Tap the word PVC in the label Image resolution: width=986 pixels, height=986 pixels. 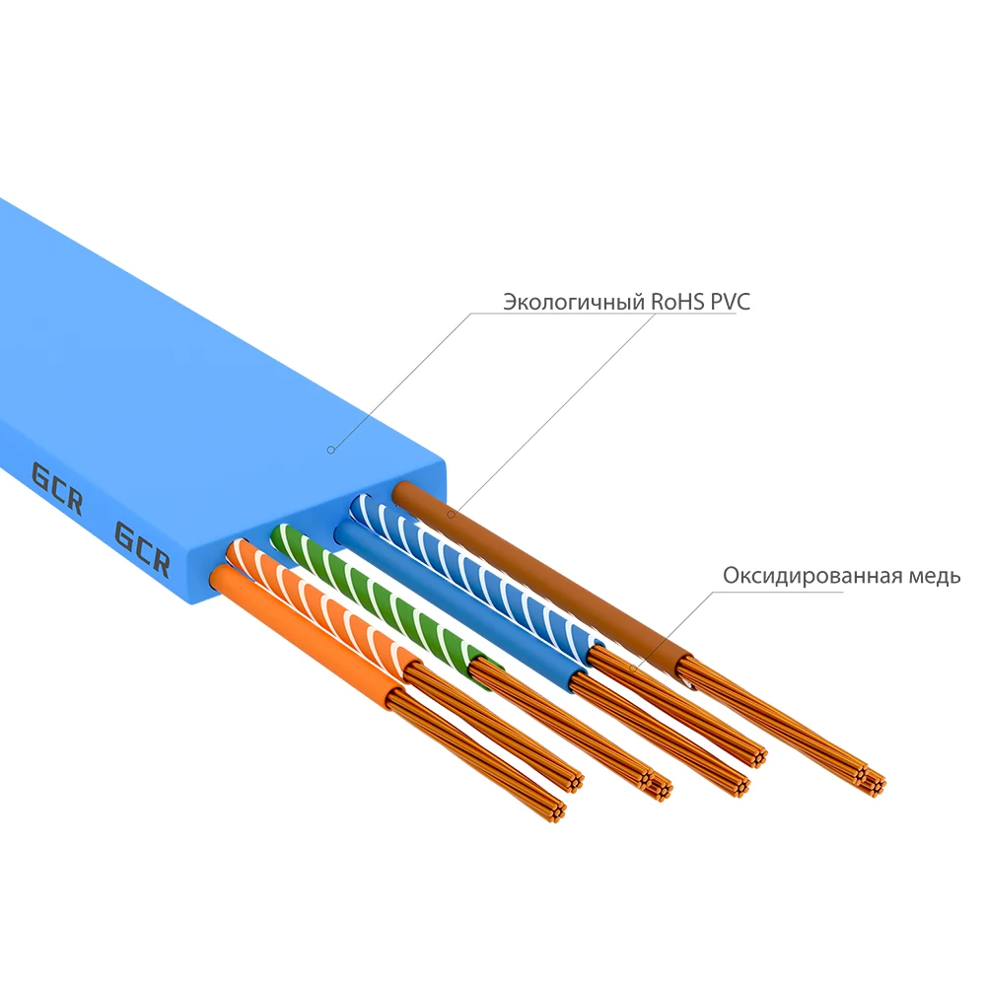click(x=729, y=302)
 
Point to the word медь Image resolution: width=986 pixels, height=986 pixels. click(x=933, y=576)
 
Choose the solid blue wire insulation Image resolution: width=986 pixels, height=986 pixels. click(x=454, y=611)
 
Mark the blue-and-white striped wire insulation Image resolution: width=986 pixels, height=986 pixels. click(x=473, y=572)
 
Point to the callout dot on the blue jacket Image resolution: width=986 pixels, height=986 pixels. click(x=331, y=450)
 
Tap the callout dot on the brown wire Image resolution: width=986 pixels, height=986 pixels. click(x=451, y=515)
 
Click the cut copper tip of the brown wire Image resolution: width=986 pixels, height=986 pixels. click(x=871, y=780)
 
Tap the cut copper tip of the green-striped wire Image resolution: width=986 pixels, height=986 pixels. click(x=659, y=786)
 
